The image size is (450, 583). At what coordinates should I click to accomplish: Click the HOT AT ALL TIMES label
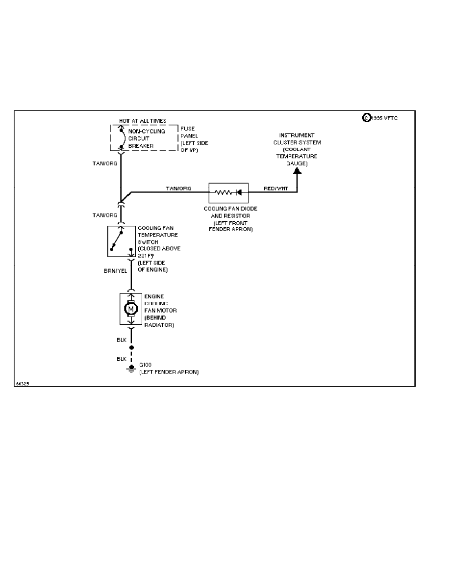(x=143, y=121)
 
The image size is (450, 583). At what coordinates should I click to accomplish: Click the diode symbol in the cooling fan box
(x=239, y=193)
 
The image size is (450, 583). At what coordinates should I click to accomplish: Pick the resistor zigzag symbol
(x=223, y=193)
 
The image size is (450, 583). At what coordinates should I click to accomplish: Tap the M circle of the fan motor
(x=130, y=309)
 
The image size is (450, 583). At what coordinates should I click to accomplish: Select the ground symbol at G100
(x=131, y=369)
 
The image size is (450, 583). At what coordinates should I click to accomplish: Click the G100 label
(x=146, y=365)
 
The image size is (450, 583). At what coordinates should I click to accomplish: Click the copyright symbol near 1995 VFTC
(x=366, y=118)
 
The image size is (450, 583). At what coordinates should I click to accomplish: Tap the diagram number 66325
(x=22, y=384)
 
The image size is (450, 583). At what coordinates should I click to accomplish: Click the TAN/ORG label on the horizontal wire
(x=178, y=188)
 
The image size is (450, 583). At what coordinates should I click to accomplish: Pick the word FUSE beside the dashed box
(x=188, y=129)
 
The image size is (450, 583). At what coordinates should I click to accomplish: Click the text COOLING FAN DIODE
(x=230, y=209)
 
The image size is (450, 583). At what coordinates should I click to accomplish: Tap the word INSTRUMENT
(x=297, y=135)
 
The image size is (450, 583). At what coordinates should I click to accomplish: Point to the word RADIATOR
(x=159, y=325)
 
